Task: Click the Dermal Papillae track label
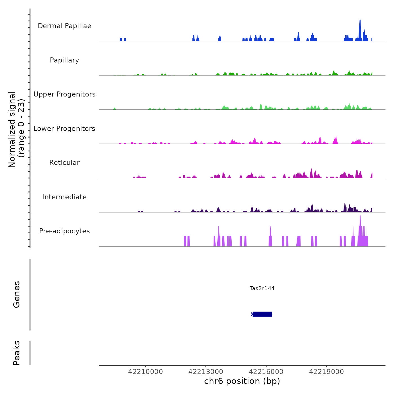pos(64,26)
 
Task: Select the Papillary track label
pos(64,60)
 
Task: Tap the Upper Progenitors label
pos(64,94)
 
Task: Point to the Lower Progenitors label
pos(64,129)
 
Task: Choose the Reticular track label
pos(64,163)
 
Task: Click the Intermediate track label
pos(64,197)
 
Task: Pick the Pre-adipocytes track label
pos(64,231)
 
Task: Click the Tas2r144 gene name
pos(262,288)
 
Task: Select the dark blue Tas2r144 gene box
pos(262,314)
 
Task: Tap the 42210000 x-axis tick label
pos(145,372)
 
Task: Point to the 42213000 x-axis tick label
pos(206,372)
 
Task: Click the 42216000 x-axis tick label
pos(266,372)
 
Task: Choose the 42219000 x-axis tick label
pos(326,372)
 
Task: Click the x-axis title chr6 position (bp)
pos(242,381)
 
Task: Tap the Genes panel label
pos(17,294)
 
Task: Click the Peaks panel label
pos(17,353)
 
